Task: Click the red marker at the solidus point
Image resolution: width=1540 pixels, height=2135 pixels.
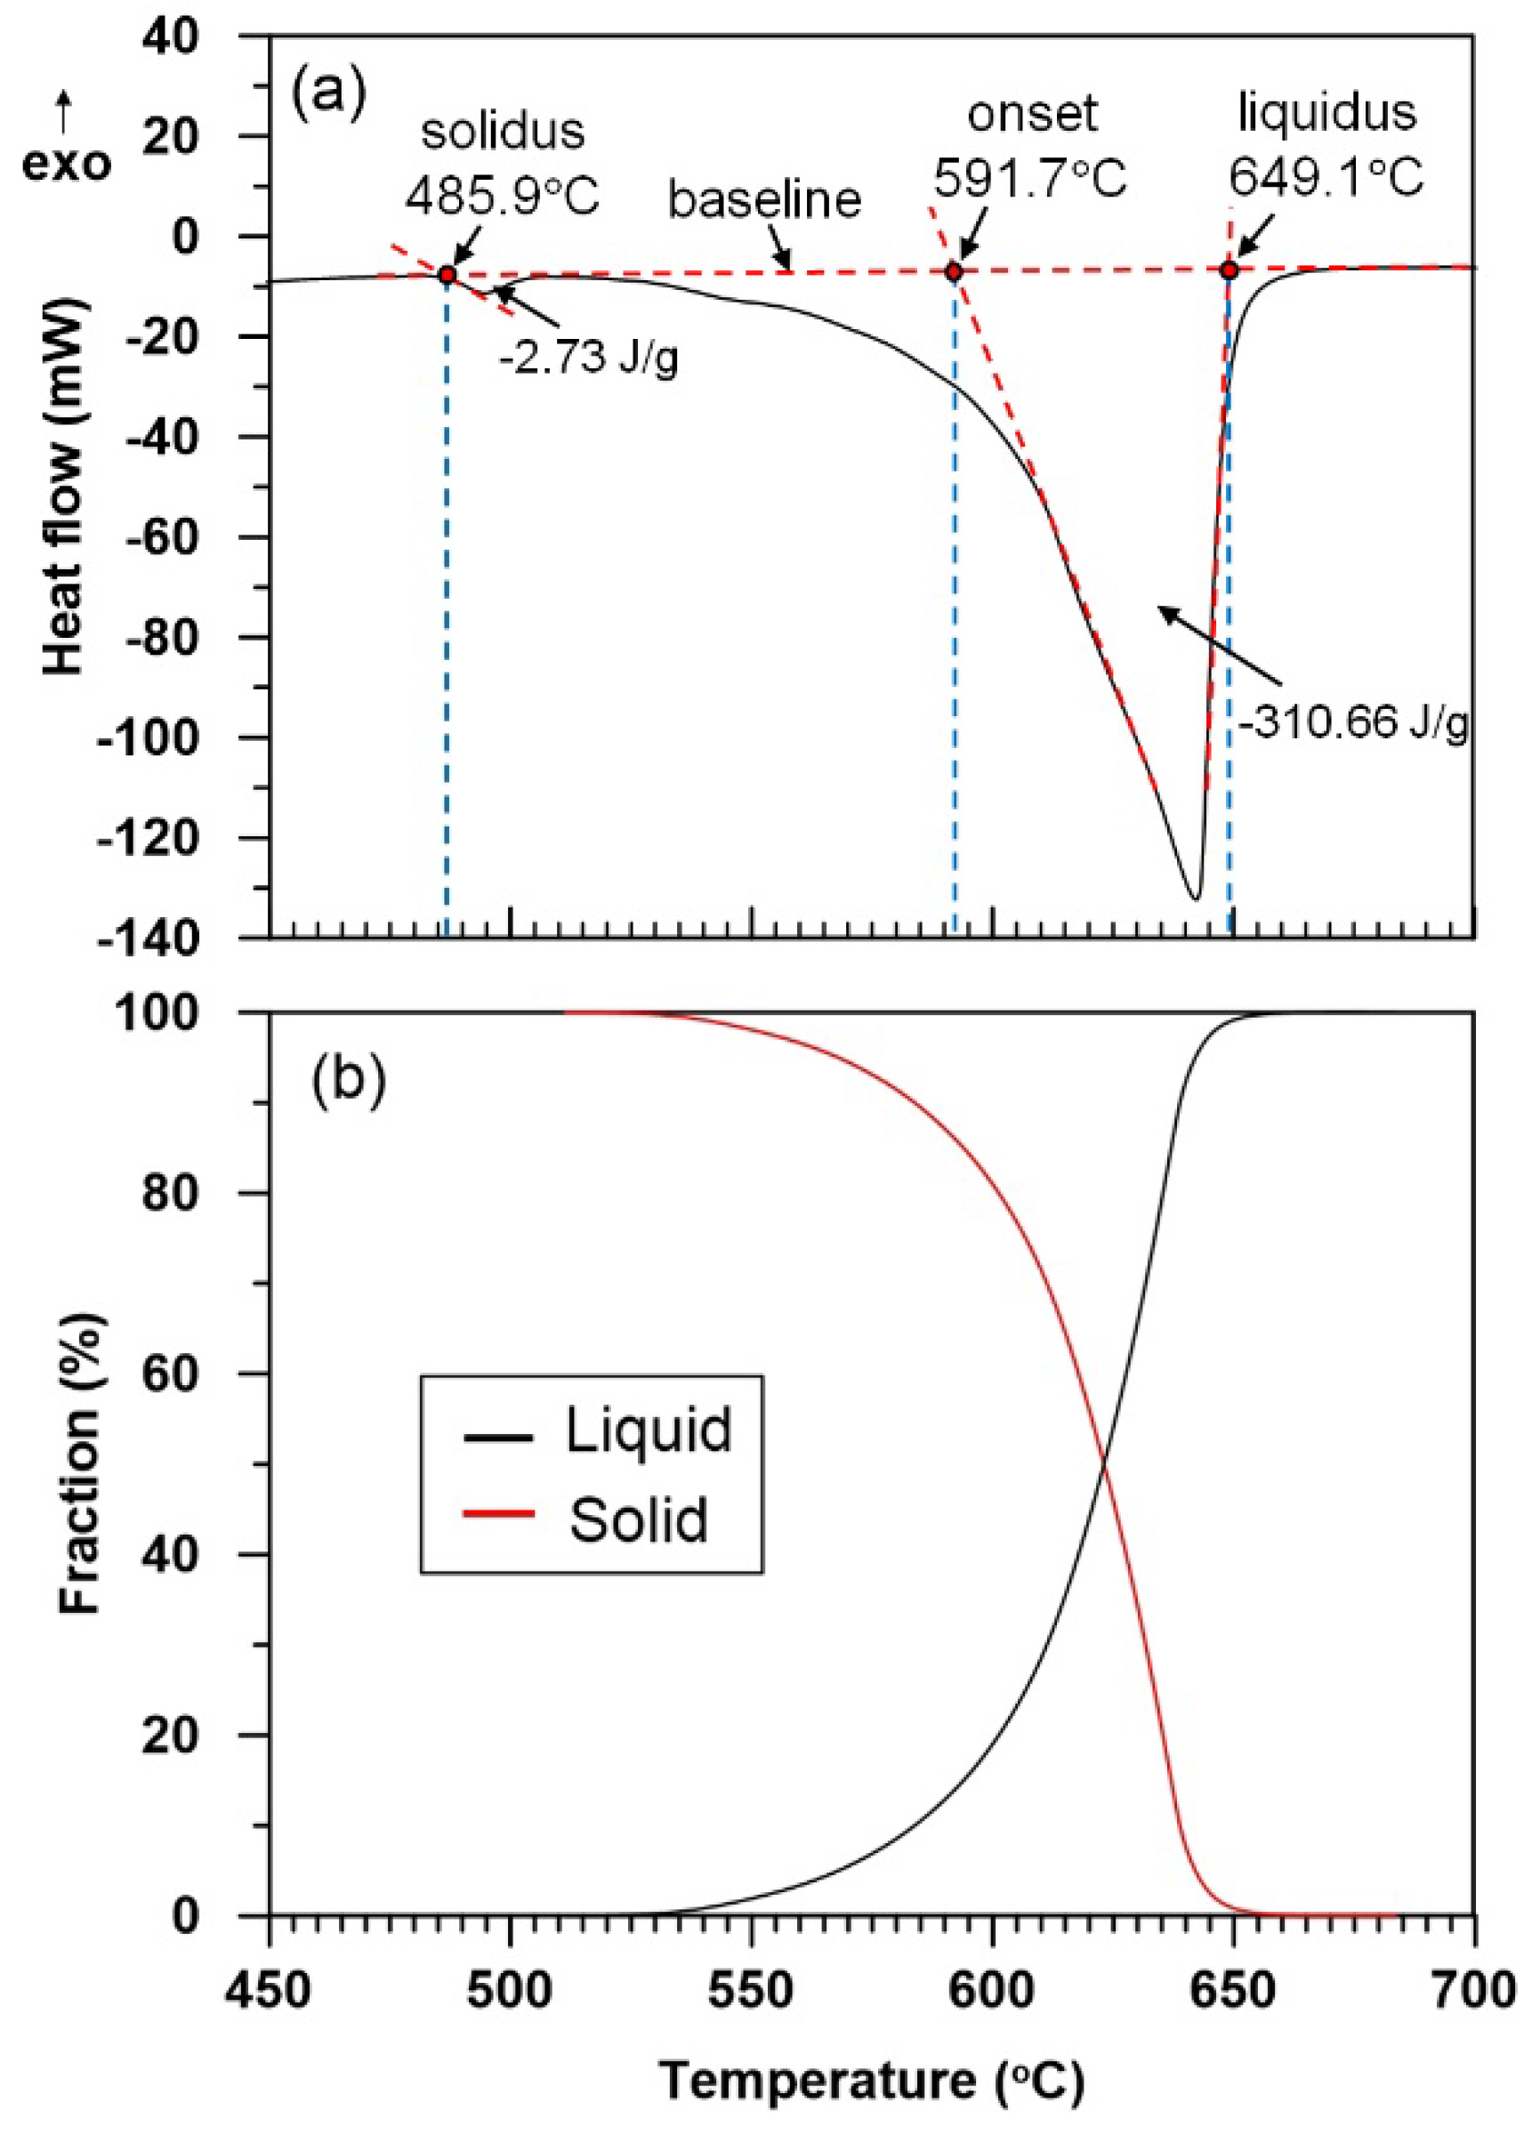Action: coord(447,275)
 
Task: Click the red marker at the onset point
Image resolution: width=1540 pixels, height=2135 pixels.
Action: coord(954,272)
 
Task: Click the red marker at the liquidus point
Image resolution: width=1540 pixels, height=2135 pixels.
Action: coord(1229,270)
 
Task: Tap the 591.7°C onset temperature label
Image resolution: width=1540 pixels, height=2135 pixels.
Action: coord(1030,178)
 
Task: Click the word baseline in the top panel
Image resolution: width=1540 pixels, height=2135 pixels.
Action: coord(764,199)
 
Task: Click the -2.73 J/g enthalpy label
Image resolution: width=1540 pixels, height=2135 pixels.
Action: coord(588,359)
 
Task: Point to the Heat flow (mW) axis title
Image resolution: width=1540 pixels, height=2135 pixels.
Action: coord(64,487)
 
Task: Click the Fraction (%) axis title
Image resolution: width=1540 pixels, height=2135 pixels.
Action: coord(79,1464)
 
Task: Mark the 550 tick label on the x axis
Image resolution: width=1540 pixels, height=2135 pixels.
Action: coord(751,1991)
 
